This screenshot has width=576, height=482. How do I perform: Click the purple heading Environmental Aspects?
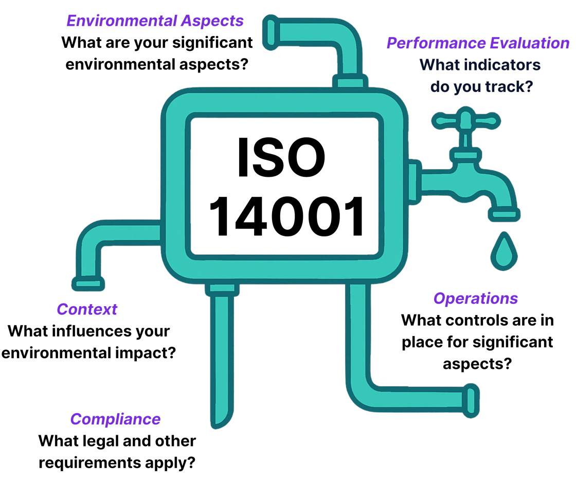click(x=155, y=21)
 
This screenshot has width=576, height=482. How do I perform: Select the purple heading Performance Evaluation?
click(x=478, y=43)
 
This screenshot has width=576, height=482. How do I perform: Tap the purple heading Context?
click(x=87, y=309)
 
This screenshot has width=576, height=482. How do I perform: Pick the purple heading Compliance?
click(x=115, y=419)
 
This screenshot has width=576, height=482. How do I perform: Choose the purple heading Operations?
click(x=475, y=299)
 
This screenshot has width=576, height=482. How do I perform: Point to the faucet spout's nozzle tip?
click(x=503, y=213)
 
